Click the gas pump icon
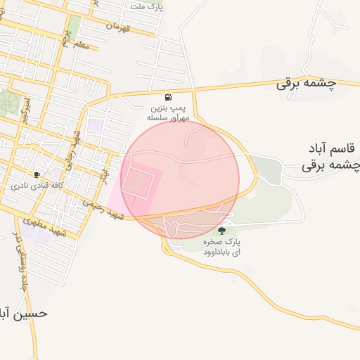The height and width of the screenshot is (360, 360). (167, 97)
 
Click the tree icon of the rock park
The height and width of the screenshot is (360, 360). (222, 230)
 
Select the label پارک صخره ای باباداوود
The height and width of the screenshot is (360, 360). (222, 247)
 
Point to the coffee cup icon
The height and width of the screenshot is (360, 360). (37, 174)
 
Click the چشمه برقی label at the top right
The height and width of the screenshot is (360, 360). (307, 83)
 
